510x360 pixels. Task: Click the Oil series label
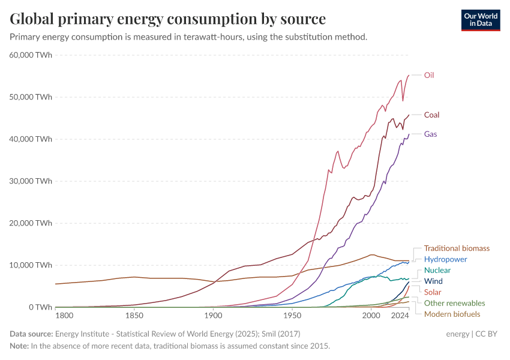[428, 75]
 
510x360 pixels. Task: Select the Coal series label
[432, 115]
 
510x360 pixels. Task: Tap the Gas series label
[430, 134]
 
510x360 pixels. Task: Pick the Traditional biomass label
[457, 248]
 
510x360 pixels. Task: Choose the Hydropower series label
[445, 259]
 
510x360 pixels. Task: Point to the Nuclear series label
[437, 270]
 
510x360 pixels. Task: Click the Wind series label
[433, 281]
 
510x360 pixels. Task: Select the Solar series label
[433, 292]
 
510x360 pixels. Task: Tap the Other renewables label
[454, 303]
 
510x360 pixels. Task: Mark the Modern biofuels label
[452, 314]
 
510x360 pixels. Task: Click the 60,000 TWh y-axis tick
[31, 55]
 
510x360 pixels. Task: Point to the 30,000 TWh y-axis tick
[31, 181]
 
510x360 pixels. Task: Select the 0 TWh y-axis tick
[40, 307]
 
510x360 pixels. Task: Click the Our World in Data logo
[480, 19]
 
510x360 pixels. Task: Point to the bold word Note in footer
[19, 346]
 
